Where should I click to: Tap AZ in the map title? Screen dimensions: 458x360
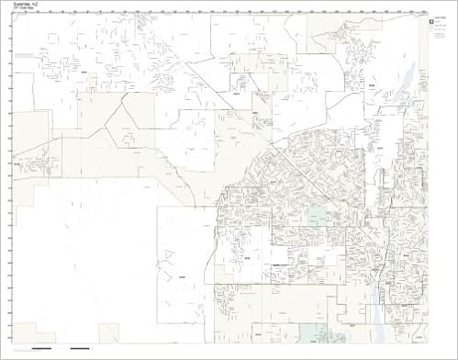[x=35, y=6]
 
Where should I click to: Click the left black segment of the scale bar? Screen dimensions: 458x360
[x=42, y=349]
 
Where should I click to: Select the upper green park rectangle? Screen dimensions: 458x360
[x=317, y=216]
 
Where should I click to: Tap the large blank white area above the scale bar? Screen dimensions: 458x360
[x=83, y=266]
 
